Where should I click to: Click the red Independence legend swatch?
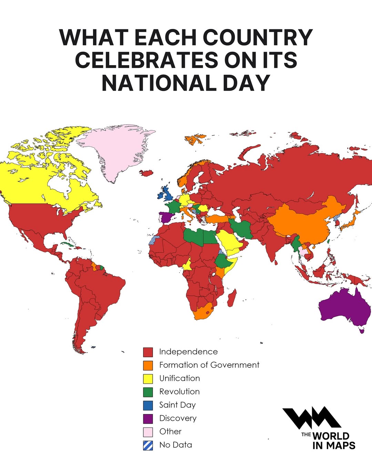coord(148,352)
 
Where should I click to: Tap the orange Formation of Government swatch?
coord(148,365)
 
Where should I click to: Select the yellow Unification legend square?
coord(148,378)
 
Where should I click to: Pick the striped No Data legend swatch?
coord(148,445)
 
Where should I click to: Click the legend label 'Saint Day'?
coord(177,405)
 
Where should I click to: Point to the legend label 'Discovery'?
coord(178,418)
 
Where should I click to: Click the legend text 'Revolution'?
coord(179,392)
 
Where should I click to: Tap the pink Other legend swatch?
coord(148,432)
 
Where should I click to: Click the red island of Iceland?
coord(147,173)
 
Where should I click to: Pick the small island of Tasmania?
coord(361,331)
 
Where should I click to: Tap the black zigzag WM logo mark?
coord(312,418)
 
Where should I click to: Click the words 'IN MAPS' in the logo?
coord(333,445)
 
